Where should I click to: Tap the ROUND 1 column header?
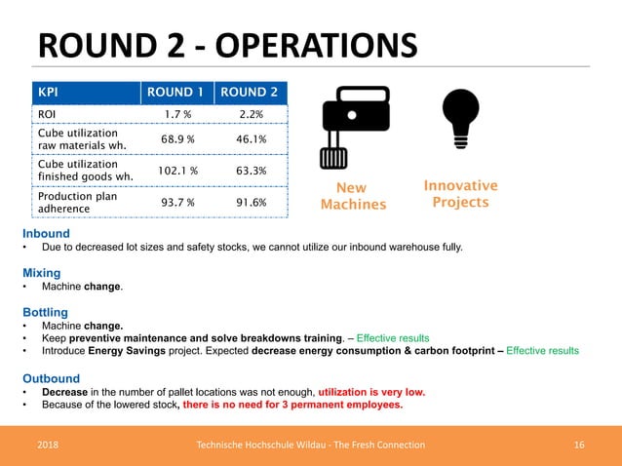click(176, 93)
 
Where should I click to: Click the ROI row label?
click(47, 114)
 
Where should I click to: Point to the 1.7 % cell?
click(176, 114)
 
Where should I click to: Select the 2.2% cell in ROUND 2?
click(252, 114)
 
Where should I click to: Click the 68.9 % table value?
click(176, 139)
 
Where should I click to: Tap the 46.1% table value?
click(252, 139)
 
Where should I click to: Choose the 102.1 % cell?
click(176, 171)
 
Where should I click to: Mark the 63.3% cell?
click(252, 171)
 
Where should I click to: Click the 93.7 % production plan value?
click(176, 202)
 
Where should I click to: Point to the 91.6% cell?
click(252, 202)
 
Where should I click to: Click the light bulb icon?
click(460, 118)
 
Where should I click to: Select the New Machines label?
click(354, 196)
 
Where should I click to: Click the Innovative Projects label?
click(460, 194)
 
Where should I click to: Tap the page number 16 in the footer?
click(579, 445)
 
